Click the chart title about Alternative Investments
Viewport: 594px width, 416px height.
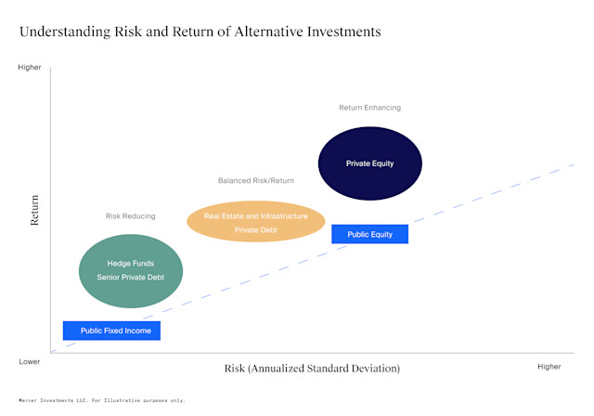coord(200,32)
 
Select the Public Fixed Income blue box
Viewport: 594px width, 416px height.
coord(112,330)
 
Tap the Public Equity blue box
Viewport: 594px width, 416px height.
coord(369,234)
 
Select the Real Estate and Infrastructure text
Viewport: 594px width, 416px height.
coord(255,215)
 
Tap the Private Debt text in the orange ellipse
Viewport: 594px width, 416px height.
coord(255,229)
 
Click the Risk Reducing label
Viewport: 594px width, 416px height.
coord(131,216)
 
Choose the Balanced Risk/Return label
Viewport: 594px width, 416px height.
coord(255,180)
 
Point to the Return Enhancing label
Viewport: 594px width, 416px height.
coord(369,108)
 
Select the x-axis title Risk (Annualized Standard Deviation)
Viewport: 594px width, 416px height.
coord(312,368)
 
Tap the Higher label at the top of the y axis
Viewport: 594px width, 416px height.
coord(30,67)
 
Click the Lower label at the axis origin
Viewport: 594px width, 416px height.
coord(29,361)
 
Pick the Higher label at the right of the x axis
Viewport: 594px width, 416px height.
coord(549,367)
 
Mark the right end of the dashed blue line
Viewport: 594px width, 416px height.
coord(574,164)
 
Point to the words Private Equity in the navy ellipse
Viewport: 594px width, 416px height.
coord(370,163)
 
